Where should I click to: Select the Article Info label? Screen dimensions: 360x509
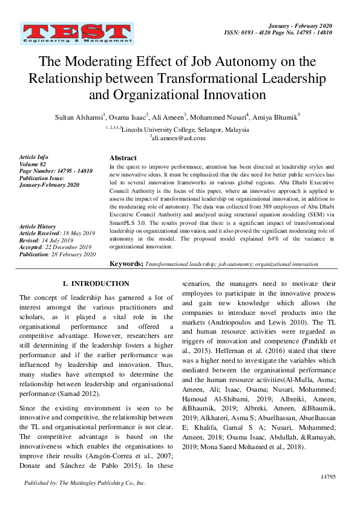click(x=33, y=157)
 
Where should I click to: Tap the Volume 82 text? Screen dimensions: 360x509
click(x=33, y=164)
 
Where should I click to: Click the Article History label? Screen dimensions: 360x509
click(x=38, y=226)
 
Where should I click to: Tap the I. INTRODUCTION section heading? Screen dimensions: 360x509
click(x=96, y=284)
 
